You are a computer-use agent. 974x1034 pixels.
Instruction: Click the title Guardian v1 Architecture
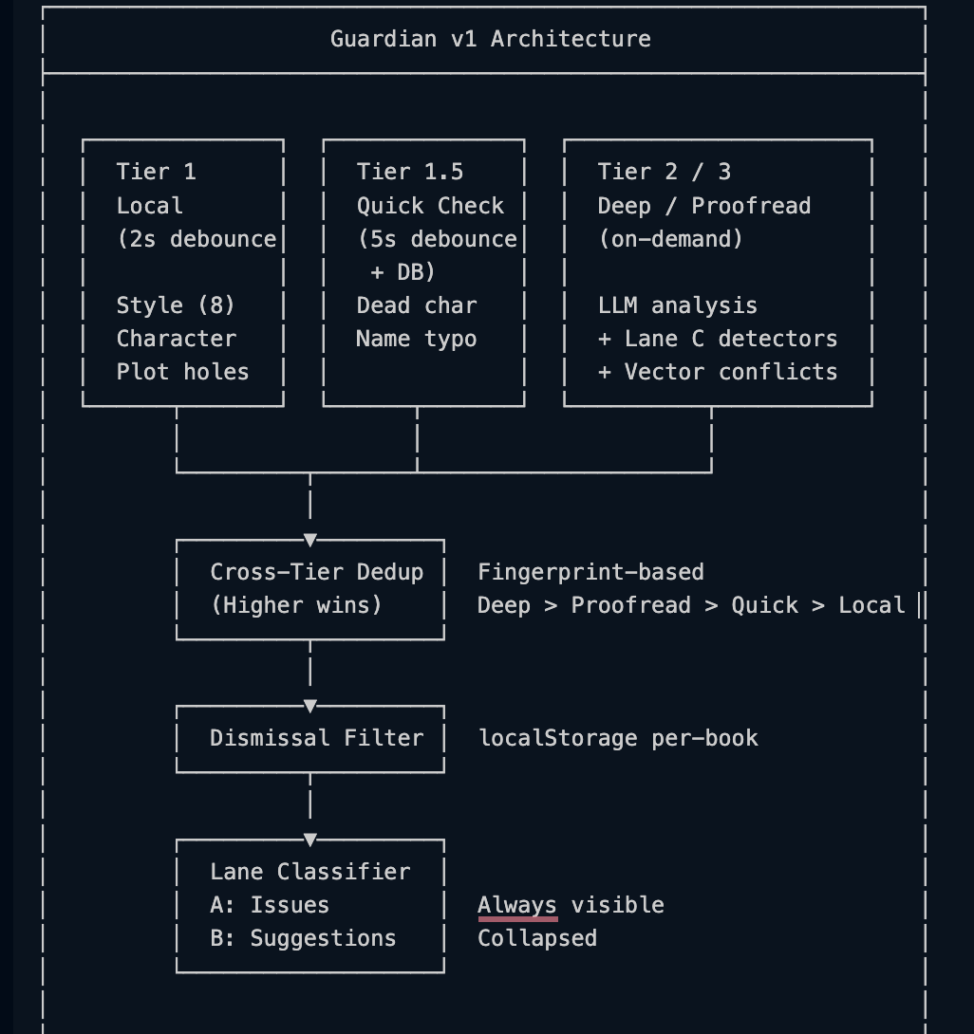(490, 39)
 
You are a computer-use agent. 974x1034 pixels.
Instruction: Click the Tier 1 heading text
(157, 172)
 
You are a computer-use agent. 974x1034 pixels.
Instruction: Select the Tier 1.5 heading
(410, 172)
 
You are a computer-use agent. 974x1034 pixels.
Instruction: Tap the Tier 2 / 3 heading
(665, 172)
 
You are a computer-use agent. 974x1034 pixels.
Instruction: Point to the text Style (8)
(176, 305)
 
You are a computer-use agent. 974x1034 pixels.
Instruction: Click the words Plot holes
(183, 372)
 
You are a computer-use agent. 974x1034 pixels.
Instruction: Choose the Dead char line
(417, 305)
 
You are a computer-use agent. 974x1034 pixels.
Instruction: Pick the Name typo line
(417, 339)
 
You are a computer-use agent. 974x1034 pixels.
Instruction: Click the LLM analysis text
(678, 305)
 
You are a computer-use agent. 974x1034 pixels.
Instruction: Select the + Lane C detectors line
(718, 339)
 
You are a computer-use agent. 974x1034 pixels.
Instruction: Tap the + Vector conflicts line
(718, 372)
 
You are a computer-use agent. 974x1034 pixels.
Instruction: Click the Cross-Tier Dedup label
(317, 572)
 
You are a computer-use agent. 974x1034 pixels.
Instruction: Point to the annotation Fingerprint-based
(590, 572)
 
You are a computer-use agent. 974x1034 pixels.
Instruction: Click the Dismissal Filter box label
(317, 738)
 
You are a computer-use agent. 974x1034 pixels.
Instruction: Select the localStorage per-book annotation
(618, 738)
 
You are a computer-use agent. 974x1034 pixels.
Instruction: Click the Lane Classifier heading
(310, 872)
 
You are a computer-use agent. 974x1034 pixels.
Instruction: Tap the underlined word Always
(517, 905)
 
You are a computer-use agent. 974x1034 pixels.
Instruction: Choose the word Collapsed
(537, 938)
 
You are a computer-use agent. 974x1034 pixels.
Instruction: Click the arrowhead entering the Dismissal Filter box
(310, 706)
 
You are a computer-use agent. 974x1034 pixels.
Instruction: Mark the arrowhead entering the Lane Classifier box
(310, 839)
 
